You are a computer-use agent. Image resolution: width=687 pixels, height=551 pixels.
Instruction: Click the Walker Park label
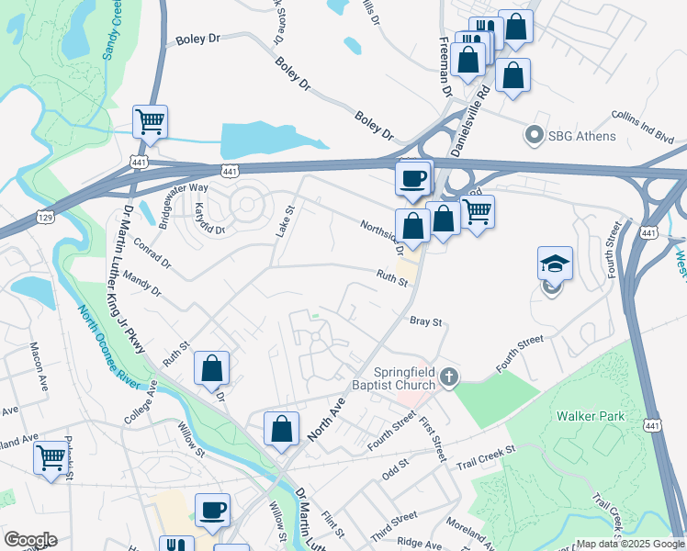coord(591,416)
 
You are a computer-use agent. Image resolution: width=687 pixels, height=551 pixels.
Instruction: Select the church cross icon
coord(448,377)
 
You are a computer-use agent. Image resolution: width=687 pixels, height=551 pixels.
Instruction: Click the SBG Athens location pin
coord(533,136)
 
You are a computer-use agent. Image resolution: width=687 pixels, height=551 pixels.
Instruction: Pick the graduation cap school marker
coord(555,264)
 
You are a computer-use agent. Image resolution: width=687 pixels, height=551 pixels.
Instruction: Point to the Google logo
coord(29,540)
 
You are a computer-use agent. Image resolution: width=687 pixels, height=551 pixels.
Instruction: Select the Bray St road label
coord(426,322)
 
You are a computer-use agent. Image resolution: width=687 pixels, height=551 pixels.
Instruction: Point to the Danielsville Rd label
coord(469,119)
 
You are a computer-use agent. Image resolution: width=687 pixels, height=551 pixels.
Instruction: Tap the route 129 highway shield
coord(44,216)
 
